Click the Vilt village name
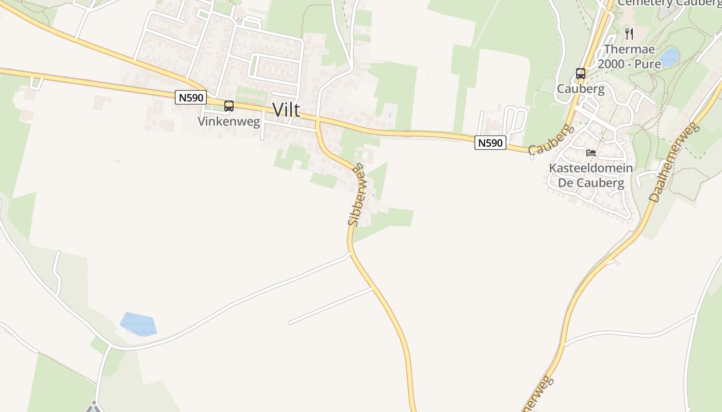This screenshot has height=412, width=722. (286, 110)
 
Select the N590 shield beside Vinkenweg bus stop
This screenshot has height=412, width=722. (191, 97)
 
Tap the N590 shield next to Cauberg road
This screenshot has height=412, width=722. (490, 143)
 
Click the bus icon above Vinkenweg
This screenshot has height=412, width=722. (229, 106)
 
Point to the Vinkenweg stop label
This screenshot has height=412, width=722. (229, 122)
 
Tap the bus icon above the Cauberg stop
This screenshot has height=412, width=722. (581, 74)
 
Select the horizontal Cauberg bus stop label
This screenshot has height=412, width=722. (581, 89)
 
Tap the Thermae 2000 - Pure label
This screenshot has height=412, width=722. (629, 57)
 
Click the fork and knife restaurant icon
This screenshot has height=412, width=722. (629, 34)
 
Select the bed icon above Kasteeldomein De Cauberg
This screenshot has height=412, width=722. (591, 153)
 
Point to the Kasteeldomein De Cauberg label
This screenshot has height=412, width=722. (591, 176)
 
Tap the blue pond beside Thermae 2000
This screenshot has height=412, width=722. (669, 57)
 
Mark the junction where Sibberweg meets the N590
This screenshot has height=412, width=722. (317, 121)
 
